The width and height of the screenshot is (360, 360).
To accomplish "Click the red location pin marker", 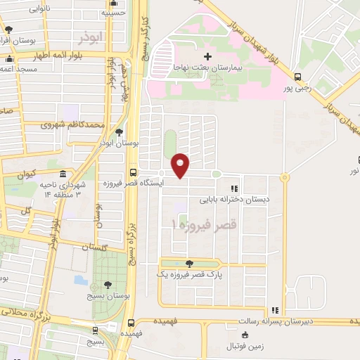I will [x=181, y=165].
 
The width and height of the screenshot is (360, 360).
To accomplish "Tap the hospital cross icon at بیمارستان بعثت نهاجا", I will [x=207, y=56].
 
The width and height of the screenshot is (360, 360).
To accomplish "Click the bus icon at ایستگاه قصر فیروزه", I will [x=134, y=173].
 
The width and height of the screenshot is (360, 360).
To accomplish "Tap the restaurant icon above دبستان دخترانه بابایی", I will [x=234, y=188].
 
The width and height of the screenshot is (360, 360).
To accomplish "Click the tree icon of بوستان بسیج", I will [x=107, y=285].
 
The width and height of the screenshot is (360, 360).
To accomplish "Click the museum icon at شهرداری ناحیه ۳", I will [x=63, y=174].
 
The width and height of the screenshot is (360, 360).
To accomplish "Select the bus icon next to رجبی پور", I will [x=298, y=77].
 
